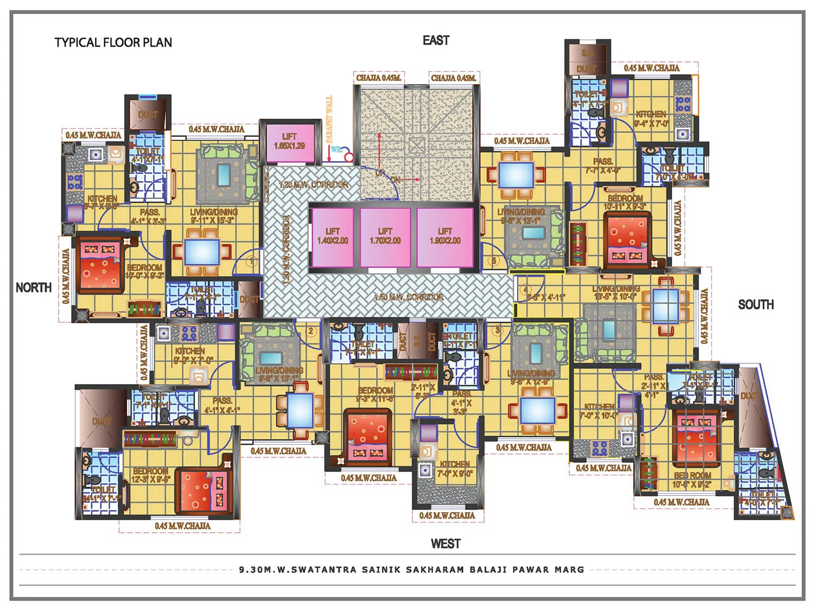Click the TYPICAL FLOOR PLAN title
(x=113, y=42)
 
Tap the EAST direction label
(x=436, y=40)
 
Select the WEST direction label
(x=445, y=544)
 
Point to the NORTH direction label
(x=34, y=287)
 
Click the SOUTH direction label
(x=755, y=304)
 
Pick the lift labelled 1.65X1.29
(x=289, y=142)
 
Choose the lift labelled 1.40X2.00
(x=333, y=236)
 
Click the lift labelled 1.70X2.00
(x=385, y=236)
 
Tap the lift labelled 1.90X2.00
(x=444, y=236)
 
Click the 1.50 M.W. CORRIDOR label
(x=408, y=297)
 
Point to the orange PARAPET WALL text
(x=329, y=120)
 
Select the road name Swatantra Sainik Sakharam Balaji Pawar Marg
(x=411, y=570)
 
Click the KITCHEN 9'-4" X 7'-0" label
(x=651, y=118)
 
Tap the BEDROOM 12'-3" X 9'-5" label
(x=152, y=475)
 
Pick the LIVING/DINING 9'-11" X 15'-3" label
(x=214, y=216)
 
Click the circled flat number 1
(x=251, y=262)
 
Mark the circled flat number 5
(x=494, y=261)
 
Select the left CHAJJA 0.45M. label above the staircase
(x=378, y=78)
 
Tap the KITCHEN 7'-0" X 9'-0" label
(x=455, y=469)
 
